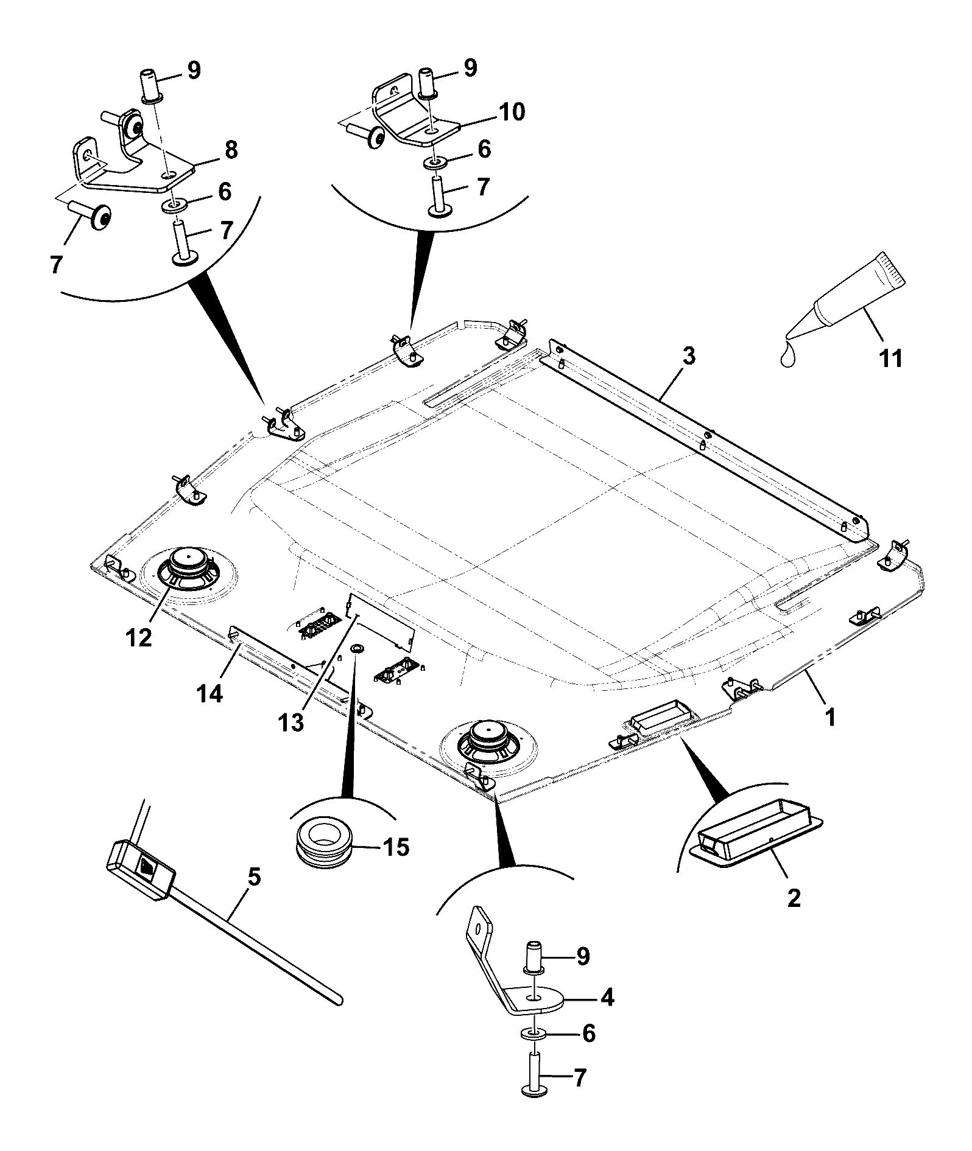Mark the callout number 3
pyautogui.click(x=688, y=355)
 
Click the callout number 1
pyautogui.click(x=829, y=718)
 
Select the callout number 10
pyautogui.click(x=510, y=112)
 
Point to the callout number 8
pyautogui.click(x=231, y=150)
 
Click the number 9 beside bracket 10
pyautogui.click(x=470, y=68)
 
